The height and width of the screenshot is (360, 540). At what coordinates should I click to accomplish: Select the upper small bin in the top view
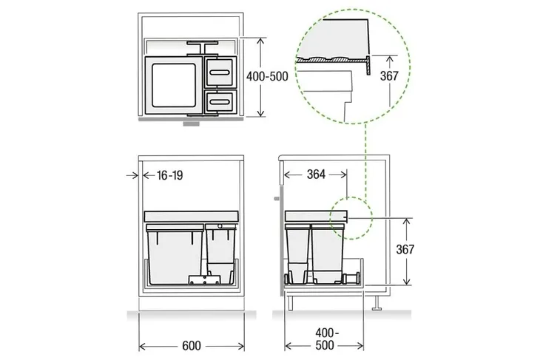click(x=220, y=72)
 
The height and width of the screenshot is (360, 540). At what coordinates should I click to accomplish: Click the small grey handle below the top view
click(x=190, y=124)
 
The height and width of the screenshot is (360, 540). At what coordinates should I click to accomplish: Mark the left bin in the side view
click(x=298, y=251)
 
